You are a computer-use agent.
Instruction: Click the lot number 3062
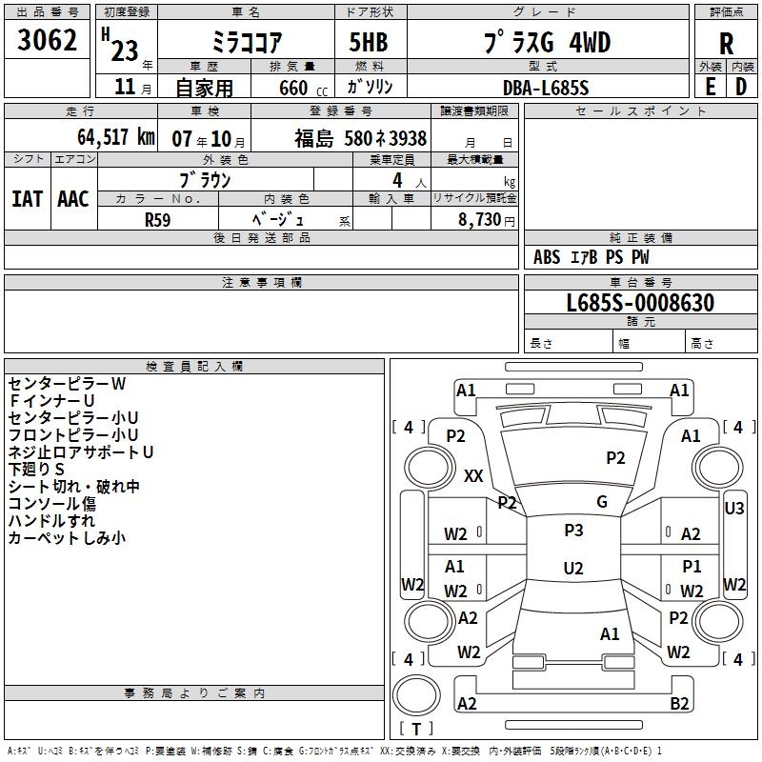[x=48, y=41]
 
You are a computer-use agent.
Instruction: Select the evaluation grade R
[x=726, y=44]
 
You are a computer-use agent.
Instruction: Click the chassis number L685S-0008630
[x=640, y=303]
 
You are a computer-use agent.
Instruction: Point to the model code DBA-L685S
[x=546, y=88]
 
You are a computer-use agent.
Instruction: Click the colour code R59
[x=158, y=218]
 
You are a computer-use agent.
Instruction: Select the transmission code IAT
[x=28, y=198]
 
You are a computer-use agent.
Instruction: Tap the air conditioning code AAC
[x=72, y=198]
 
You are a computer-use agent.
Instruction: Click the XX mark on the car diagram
[x=473, y=476]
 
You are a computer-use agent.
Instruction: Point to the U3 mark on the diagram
[x=734, y=509]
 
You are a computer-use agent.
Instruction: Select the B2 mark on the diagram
[x=679, y=704]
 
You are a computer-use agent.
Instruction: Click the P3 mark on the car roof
[x=573, y=531]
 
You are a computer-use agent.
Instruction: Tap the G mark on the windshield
[x=602, y=502]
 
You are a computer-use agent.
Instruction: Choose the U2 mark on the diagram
[x=573, y=569]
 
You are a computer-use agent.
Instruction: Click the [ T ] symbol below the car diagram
[x=416, y=729]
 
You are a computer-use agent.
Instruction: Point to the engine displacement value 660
[x=293, y=88]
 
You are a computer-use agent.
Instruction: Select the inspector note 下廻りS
[x=36, y=470]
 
